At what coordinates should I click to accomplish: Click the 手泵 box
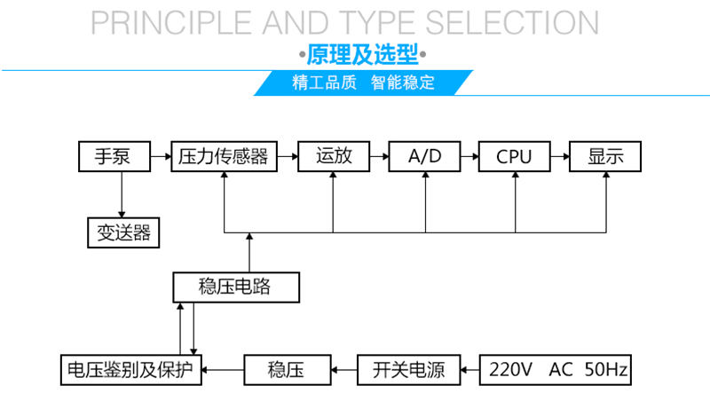112,157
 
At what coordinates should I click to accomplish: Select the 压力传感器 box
224,157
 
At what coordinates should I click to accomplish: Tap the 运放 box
333,157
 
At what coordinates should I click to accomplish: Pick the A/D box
424,157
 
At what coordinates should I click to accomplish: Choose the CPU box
514,157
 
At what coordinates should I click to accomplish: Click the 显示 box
605,157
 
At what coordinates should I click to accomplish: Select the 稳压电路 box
235,287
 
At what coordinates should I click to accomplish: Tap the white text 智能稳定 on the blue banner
403,83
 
